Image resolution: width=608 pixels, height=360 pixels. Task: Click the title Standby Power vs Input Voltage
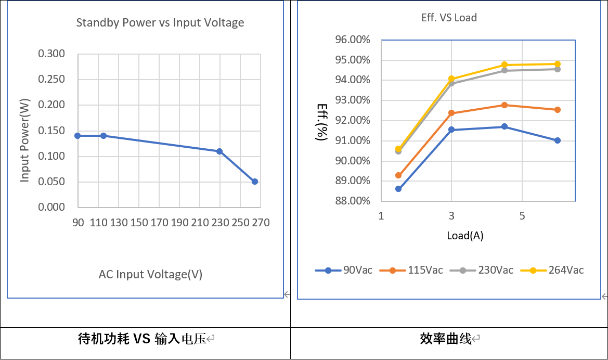[160, 23]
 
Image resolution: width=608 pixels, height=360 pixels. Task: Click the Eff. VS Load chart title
[449, 18]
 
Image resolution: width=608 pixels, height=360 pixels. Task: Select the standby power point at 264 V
[255, 182]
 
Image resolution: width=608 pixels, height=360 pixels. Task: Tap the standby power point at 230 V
[219, 151]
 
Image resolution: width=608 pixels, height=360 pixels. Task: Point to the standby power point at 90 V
[77, 136]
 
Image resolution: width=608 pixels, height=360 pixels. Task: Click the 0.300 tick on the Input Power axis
[51, 54]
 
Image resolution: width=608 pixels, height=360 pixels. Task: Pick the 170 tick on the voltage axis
[159, 223]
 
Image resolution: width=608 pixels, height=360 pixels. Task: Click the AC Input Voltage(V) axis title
[150, 275]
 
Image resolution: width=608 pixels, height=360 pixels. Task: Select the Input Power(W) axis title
[24, 140]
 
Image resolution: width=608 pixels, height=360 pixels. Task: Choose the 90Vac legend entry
[344, 270]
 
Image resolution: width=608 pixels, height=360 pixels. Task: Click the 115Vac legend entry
[411, 270]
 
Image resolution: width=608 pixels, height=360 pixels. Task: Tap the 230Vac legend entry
[482, 270]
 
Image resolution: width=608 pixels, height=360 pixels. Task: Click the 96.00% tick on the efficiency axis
[352, 40]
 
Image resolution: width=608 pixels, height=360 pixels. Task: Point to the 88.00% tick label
[352, 201]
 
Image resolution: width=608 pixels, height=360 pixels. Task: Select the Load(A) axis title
[465, 236]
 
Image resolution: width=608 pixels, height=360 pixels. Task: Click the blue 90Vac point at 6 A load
[558, 140]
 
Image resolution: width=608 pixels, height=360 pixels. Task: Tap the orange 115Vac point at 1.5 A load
[398, 175]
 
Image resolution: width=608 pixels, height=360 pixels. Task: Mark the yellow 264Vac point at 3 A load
[451, 79]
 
